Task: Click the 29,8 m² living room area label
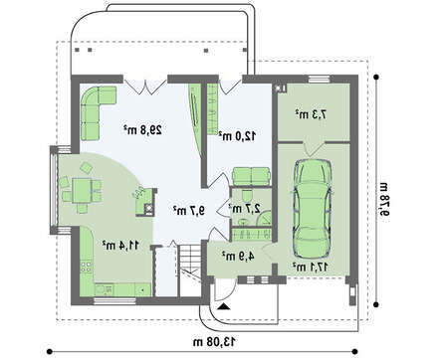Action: coord(142,129)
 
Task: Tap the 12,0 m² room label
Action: coord(237,135)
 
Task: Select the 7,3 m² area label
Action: coord(311,114)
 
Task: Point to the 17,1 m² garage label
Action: coord(311,267)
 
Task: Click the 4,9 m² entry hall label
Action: coord(238,256)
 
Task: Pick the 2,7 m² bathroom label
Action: coord(244,208)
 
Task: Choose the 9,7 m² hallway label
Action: coord(189,210)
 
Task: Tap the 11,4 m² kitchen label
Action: coord(120,246)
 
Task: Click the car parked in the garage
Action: coord(312,209)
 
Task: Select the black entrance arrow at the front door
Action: coord(224,306)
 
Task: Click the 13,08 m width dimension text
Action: coord(215,341)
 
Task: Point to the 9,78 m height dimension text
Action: coord(384,199)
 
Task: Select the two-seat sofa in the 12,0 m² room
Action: coord(251,176)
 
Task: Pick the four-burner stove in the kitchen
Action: coord(86,268)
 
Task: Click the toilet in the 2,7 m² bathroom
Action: coord(247,195)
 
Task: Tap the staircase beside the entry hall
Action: coord(190,270)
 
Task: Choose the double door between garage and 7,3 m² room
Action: coord(313,149)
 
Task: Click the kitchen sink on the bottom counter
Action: coord(105,289)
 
